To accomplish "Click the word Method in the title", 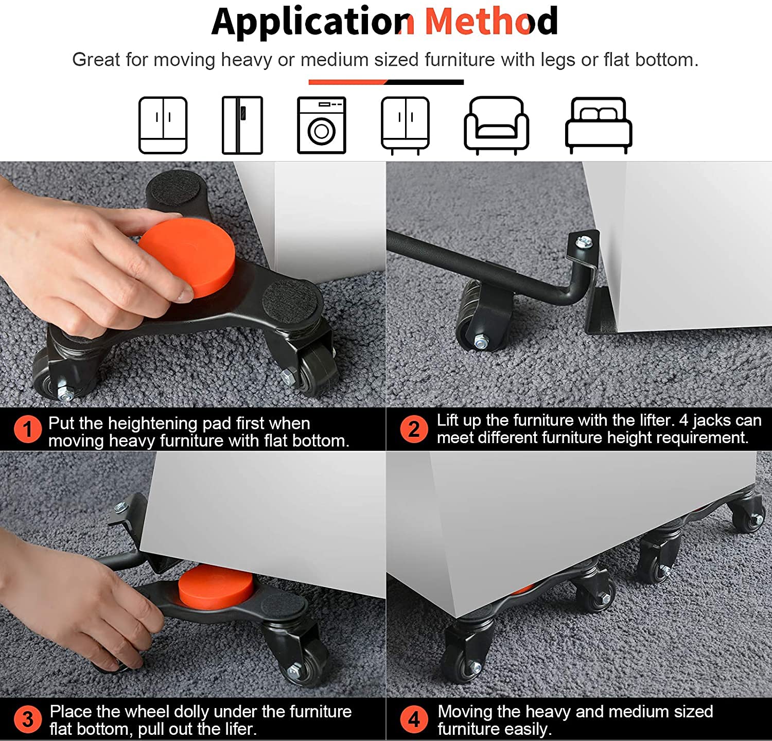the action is pos(492,21).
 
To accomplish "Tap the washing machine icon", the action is pos(322,125).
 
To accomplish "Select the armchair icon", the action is pos(496,126).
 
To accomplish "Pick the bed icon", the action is pos(599,126).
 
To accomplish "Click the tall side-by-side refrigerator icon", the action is pos(242,125).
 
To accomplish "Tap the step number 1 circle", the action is pos(27,430).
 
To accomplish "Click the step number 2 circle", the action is pos(414,429).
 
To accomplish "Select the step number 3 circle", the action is pos(27,719).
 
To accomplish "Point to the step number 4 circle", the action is pos(414,719).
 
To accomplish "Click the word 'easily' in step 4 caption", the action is pos(525,729).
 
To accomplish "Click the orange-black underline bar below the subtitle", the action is pos(386,82).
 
